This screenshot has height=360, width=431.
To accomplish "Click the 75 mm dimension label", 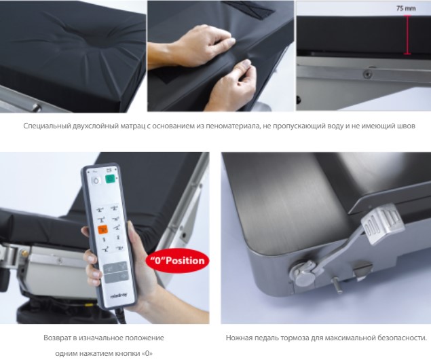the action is (406, 9).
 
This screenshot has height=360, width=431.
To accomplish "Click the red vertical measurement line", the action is (407, 35).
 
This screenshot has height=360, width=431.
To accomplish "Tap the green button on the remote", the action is (110, 179).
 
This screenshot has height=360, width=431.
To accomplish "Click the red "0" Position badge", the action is (178, 260).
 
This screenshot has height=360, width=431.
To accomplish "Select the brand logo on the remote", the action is (119, 295).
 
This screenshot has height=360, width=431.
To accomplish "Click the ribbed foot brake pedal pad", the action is (382, 223).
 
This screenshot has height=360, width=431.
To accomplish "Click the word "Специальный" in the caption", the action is (47, 126).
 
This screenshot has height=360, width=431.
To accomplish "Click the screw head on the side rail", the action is (367, 74).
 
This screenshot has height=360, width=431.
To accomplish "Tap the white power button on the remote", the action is (96, 181).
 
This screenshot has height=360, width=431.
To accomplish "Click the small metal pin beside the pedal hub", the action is (337, 285).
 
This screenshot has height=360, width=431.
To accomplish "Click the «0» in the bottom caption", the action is (147, 353).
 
